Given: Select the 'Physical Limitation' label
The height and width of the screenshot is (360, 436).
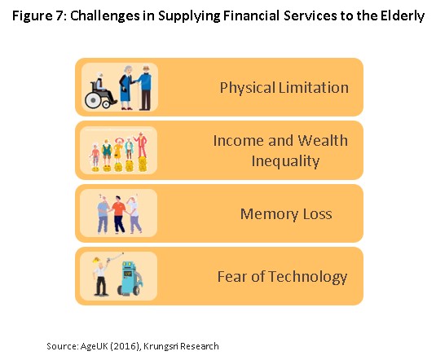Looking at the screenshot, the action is click(x=284, y=88).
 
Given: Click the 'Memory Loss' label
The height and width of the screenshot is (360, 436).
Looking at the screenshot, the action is click(x=286, y=213).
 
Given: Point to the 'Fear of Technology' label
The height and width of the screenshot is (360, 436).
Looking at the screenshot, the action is click(x=282, y=277).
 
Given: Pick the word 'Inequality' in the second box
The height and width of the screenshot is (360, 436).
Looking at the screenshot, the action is click(x=285, y=161).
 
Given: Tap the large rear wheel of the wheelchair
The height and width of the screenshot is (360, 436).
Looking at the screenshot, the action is click(x=93, y=100).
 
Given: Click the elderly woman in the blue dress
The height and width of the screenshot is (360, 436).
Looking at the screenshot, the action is click(x=127, y=88).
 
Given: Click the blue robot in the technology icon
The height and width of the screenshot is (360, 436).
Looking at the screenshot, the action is click(x=130, y=278).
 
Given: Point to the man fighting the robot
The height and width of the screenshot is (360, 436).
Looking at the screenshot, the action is click(x=100, y=276).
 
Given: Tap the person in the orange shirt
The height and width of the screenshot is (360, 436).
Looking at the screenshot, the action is click(x=119, y=214).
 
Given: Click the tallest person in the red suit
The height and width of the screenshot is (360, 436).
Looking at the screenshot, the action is click(x=142, y=144).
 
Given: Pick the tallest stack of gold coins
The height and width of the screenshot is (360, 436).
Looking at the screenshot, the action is click(x=143, y=164).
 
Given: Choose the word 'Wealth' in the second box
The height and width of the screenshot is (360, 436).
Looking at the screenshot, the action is click(x=323, y=140).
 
